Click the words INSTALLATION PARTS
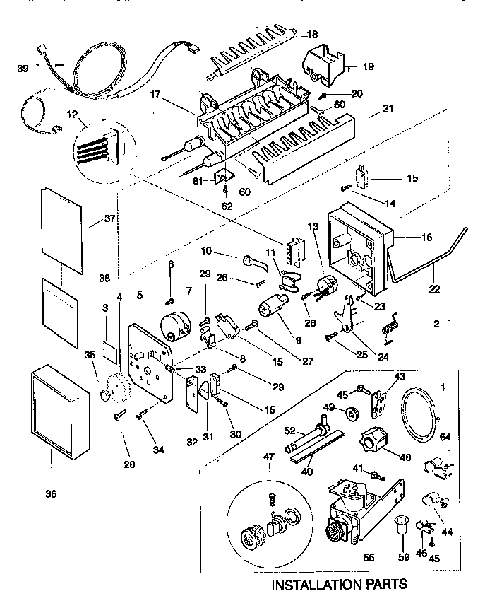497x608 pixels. tap(340, 584)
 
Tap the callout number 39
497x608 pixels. tap(23, 68)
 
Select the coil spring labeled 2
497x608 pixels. tap(386, 326)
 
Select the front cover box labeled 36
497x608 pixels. tap(60, 411)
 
